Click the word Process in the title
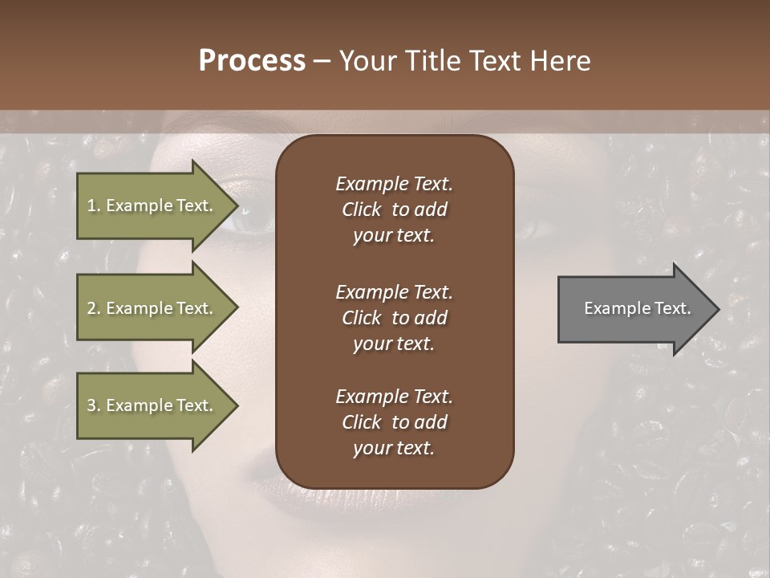click(252, 61)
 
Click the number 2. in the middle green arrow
click(94, 308)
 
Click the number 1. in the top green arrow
click(94, 206)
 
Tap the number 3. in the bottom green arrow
click(94, 405)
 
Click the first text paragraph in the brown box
click(394, 210)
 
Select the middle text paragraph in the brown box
click(394, 317)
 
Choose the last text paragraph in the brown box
click(394, 422)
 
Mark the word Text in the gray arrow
click(673, 308)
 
